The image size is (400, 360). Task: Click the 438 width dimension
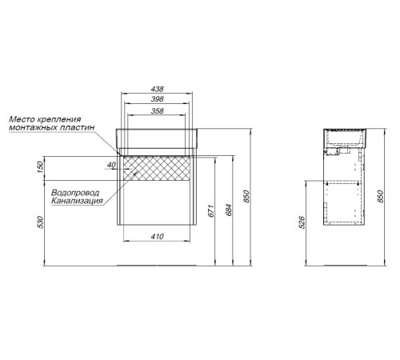point(157,89)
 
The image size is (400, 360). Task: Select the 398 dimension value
point(157,99)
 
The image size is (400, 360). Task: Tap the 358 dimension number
point(157,110)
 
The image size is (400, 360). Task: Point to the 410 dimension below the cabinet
point(157,236)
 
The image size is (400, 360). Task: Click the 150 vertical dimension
point(40,167)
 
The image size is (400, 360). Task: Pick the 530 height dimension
point(40,222)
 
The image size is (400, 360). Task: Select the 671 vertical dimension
point(211,210)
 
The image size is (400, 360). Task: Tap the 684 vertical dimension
point(229,210)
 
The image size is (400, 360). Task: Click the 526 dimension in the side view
point(302,222)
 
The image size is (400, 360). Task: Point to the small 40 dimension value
point(111,165)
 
